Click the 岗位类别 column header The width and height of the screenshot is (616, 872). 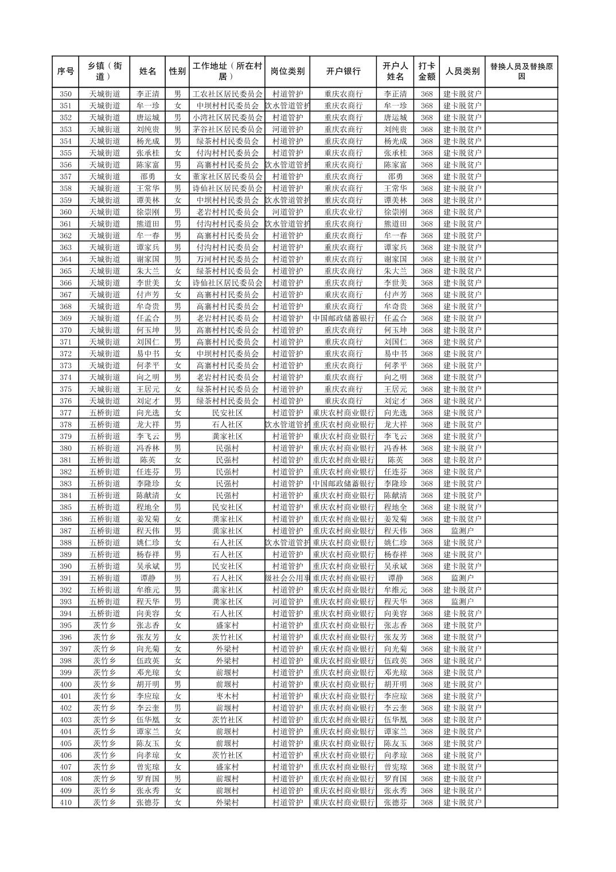(287, 72)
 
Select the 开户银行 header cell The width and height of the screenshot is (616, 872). (343, 72)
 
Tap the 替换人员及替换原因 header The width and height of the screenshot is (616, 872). (521, 72)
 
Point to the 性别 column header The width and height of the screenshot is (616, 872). (177, 72)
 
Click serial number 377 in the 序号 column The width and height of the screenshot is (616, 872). (65, 413)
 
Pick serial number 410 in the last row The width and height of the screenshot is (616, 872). (65, 803)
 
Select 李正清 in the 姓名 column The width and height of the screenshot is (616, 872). (148, 94)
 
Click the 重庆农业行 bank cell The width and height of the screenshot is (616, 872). (343, 212)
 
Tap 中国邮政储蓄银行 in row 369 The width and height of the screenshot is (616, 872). (343, 318)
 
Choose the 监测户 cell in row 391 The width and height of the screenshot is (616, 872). (462, 578)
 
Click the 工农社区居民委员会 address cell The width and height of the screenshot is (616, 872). (227, 94)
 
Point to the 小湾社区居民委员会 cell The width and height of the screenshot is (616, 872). (227, 118)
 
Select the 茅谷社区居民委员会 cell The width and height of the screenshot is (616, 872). (227, 130)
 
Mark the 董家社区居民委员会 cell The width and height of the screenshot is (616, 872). (227, 177)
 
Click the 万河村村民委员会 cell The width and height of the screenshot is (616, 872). (227, 259)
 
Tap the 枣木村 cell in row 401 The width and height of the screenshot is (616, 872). (227, 696)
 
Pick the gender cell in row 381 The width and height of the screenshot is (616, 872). (177, 460)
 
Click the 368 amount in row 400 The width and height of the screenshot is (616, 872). (426, 684)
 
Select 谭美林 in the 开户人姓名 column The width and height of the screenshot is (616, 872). (395, 200)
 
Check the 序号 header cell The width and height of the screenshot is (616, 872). (65, 72)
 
